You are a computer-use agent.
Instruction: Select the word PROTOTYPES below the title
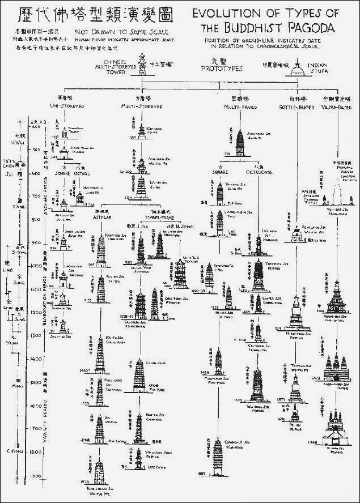point(218,68)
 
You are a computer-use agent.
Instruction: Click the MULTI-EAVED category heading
point(244,106)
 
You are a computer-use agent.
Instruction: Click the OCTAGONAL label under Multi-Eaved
point(259,171)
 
